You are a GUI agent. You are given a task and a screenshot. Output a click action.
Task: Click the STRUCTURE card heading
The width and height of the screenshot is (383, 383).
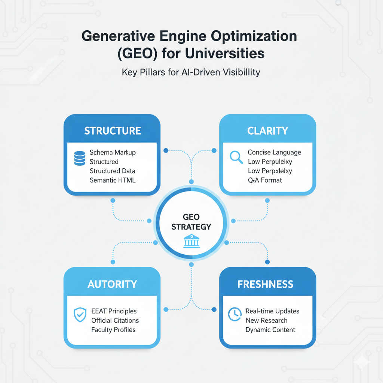click(x=112, y=131)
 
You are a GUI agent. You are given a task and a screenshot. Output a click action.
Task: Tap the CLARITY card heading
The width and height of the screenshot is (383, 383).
click(x=267, y=131)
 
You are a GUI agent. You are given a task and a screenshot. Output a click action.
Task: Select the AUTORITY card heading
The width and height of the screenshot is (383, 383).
click(x=112, y=284)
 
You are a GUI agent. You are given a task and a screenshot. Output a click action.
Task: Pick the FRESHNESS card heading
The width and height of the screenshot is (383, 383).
click(x=265, y=284)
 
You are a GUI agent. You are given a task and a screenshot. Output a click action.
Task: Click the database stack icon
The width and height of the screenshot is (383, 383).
click(x=80, y=158)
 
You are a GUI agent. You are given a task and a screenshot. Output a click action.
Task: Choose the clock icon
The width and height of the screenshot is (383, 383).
click(x=234, y=315)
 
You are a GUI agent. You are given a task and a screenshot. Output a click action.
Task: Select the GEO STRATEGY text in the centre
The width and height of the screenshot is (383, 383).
click(x=191, y=222)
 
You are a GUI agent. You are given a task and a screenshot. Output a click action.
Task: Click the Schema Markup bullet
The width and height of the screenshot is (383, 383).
click(x=113, y=153)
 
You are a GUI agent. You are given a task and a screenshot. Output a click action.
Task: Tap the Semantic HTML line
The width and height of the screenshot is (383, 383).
click(x=113, y=180)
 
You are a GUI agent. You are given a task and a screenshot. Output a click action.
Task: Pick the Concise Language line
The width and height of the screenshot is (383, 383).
click(x=274, y=153)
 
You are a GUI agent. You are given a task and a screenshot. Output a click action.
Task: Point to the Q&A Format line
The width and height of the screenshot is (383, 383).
click(x=265, y=180)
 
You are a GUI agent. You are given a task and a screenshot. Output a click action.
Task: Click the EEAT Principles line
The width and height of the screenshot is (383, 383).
click(x=114, y=311)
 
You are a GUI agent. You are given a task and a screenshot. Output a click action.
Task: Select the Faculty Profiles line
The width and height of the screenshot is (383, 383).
click(x=113, y=330)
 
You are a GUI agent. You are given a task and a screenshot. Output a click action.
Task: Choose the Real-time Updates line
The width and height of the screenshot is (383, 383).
click(x=272, y=311)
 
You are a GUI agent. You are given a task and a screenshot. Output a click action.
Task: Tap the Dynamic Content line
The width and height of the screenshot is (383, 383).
click(x=270, y=330)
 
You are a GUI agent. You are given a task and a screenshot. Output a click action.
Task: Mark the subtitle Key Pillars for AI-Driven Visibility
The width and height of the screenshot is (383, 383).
click(x=191, y=72)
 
